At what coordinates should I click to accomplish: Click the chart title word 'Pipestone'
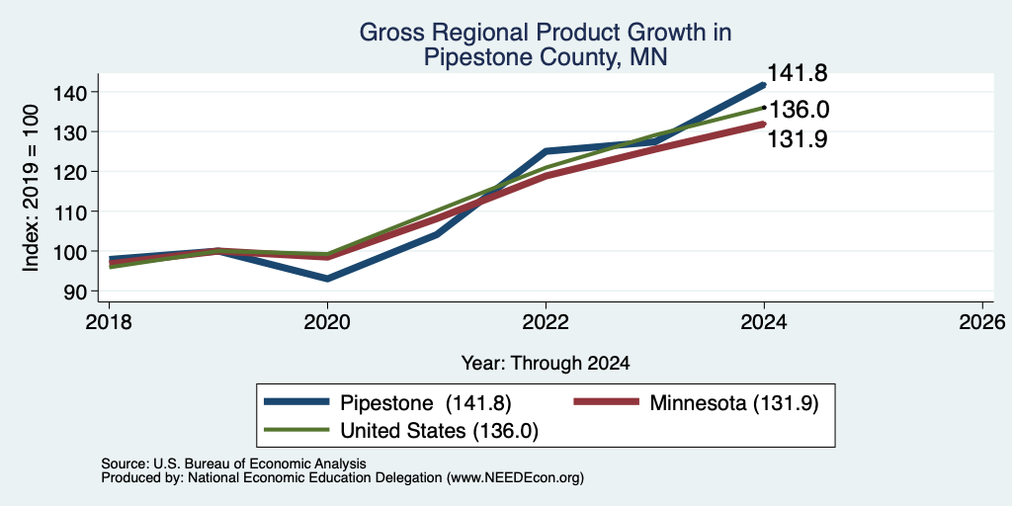pos(466,57)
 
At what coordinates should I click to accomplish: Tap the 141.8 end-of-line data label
pos(798,73)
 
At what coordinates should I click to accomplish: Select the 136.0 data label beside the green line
pos(799,110)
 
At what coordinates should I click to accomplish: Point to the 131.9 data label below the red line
pos(798,138)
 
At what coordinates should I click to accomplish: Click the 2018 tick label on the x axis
pos(109,321)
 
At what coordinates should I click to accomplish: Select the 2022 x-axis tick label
pos(546,321)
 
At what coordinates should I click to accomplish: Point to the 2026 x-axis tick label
pos(982,321)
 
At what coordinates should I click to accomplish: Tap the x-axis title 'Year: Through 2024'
pos(546,364)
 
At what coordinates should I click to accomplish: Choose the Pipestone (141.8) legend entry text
pos(425,403)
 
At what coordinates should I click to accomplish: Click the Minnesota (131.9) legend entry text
pos(734,403)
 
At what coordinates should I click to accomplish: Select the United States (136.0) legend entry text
pos(439,431)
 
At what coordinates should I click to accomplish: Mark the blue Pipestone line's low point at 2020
pos(327,279)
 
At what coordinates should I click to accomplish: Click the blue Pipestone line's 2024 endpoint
pos(763,85)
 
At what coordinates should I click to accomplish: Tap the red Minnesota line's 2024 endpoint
pos(763,124)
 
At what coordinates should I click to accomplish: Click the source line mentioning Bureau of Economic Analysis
pos(233,464)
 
